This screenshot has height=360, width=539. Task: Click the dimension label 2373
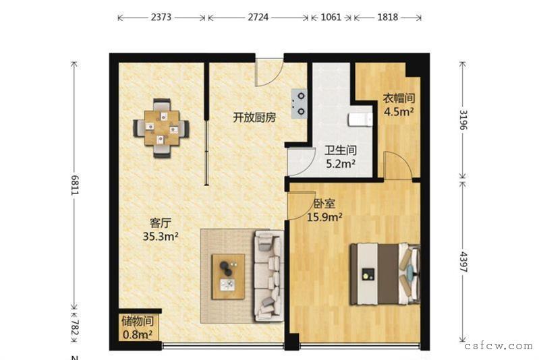[x=161, y=17]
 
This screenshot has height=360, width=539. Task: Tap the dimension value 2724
[x=258, y=17]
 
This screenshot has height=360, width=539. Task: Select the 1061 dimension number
[x=331, y=17]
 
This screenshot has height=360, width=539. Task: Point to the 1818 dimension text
[x=388, y=17]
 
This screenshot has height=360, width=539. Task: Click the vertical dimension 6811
[x=75, y=185]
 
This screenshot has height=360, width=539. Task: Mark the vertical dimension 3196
[x=463, y=120]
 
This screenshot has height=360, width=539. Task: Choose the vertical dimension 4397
[x=463, y=262]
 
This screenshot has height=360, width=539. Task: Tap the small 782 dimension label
[x=75, y=328]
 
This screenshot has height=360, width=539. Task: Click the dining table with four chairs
[x=161, y=128]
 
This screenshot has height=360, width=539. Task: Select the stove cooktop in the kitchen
[x=299, y=103]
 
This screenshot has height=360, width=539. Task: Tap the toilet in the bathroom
[x=360, y=120]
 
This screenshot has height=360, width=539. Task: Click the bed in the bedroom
[x=385, y=274]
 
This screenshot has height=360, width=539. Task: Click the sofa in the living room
[x=269, y=276]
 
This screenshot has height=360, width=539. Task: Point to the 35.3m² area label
[x=161, y=237]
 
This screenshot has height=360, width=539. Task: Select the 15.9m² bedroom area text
[x=324, y=217]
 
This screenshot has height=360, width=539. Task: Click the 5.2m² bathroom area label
[x=341, y=164]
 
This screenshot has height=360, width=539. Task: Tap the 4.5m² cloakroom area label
[x=399, y=112]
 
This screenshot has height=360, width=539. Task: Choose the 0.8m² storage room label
[x=138, y=334]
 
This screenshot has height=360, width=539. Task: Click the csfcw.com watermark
[x=499, y=346]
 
